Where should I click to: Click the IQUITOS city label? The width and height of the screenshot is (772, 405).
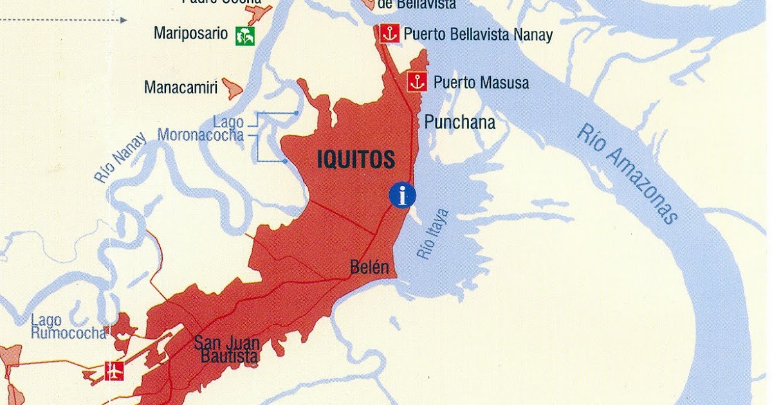click(356, 160)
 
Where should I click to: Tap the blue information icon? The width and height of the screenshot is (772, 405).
click(403, 195)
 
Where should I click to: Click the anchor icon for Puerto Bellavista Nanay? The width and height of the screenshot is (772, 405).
click(389, 33)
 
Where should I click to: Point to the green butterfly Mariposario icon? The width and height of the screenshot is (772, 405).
click(244, 35)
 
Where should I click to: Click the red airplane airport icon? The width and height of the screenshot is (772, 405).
click(114, 371)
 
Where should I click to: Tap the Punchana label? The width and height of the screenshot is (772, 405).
click(459, 122)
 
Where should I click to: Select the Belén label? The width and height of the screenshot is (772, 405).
click(369, 267)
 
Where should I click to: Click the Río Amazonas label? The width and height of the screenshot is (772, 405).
click(628, 174)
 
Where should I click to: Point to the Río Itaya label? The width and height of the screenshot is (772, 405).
click(433, 233)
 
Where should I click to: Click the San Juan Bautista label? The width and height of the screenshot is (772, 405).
click(227, 349)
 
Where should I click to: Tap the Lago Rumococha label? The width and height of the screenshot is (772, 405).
click(68, 327)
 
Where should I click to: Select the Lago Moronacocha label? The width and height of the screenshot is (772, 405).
click(201, 129)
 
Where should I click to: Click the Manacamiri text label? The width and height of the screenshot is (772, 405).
click(181, 87)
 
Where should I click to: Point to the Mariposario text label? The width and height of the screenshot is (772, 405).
click(190, 33)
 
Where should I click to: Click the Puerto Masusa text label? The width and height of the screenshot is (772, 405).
click(481, 82)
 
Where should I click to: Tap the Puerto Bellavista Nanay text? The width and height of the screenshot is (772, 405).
click(478, 34)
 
